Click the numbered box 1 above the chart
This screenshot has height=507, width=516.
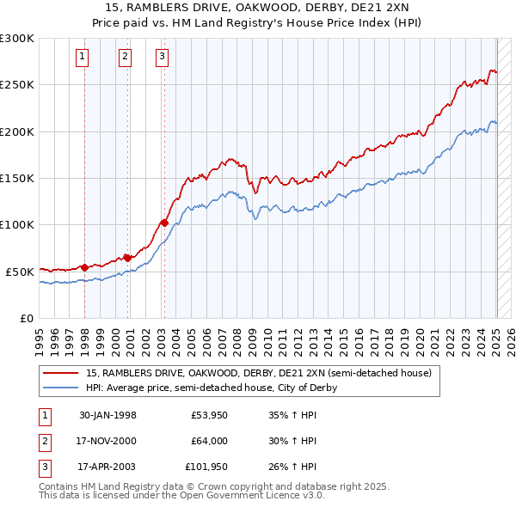[x=82, y=58]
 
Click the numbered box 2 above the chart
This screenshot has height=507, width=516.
[x=125, y=58]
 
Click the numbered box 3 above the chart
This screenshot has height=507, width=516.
[x=162, y=58]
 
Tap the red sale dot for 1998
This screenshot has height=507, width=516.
[x=84, y=267]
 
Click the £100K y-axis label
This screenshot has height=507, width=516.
[x=17, y=224]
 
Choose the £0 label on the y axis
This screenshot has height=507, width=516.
[x=26, y=318]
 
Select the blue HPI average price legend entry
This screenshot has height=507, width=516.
[x=211, y=388]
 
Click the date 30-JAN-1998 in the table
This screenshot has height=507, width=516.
[x=107, y=415]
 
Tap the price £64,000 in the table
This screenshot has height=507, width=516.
[x=210, y=441]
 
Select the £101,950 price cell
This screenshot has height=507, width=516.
[x=206, y=467]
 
